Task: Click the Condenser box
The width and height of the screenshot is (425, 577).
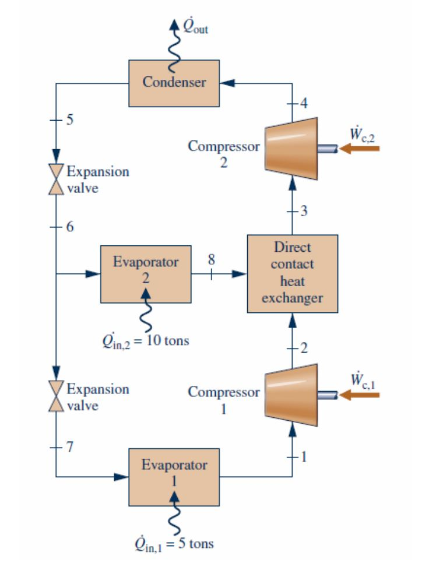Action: coord(174,83)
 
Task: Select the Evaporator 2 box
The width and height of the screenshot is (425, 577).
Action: coord(146,273)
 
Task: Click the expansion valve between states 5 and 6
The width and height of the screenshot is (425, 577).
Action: coord(57,178)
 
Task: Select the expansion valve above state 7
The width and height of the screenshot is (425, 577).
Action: coord(57,396)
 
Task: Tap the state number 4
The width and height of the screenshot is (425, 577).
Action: coord(303,104)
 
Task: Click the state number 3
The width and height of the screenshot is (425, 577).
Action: coord(303,211)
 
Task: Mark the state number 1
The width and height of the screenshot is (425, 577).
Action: coord(303,456)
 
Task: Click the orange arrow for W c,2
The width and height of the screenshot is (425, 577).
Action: coord(359,149)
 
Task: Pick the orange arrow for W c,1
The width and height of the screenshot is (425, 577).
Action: coord(359,396)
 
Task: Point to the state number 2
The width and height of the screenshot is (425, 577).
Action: coord(303,349)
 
